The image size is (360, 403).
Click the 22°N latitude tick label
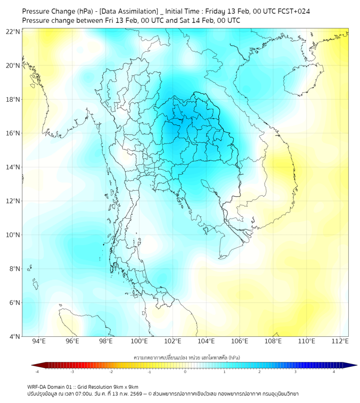pos(13,31)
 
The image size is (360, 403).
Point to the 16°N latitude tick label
pos(13,133)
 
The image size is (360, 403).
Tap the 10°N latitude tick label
pos(13,235)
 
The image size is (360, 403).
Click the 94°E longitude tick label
pos(39,342)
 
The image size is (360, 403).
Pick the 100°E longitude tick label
pos(140,342)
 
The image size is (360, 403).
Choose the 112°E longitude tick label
pos(340,342)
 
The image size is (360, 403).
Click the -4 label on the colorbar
pos(37,372)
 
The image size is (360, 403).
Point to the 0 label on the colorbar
pos(185,372)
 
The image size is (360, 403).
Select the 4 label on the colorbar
pos(334,372)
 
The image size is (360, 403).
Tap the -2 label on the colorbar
pos(111,372)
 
